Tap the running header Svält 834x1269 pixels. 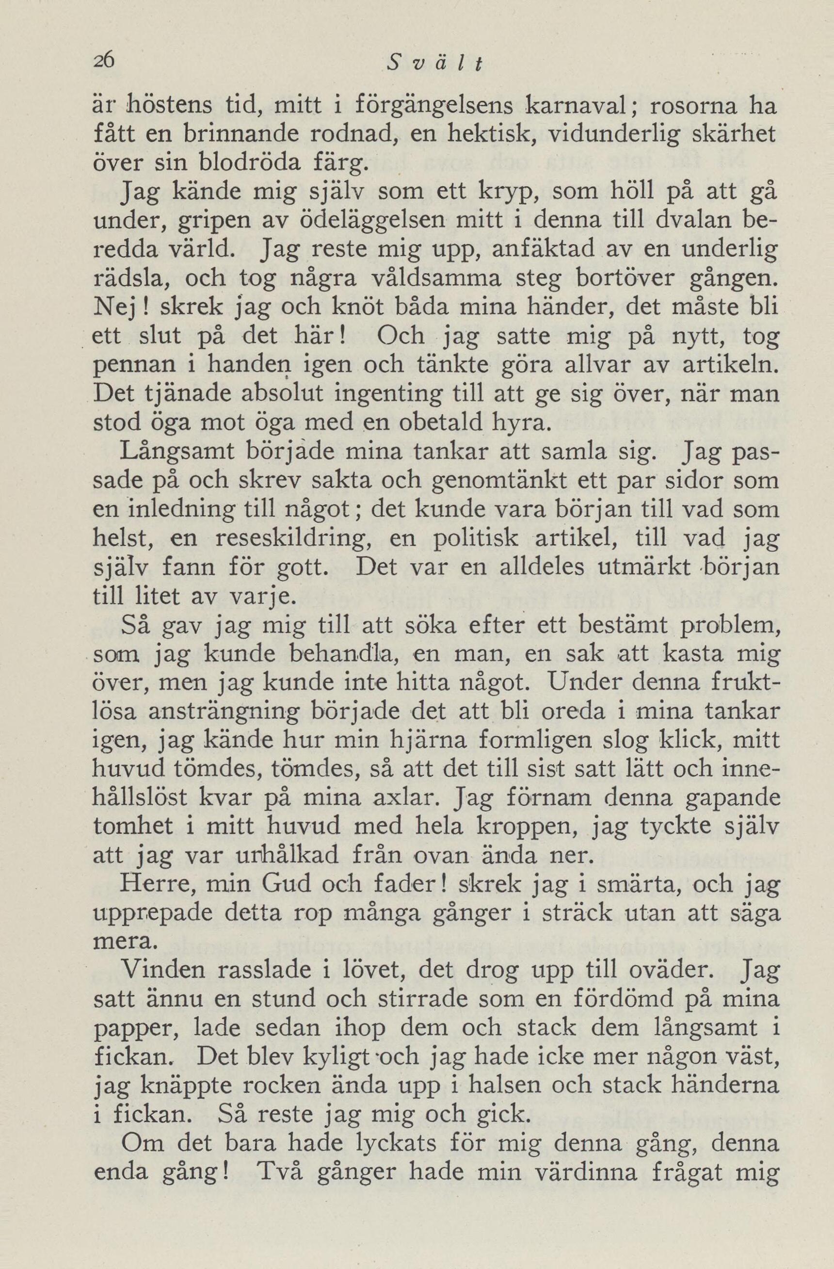click(x=435, y=65)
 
